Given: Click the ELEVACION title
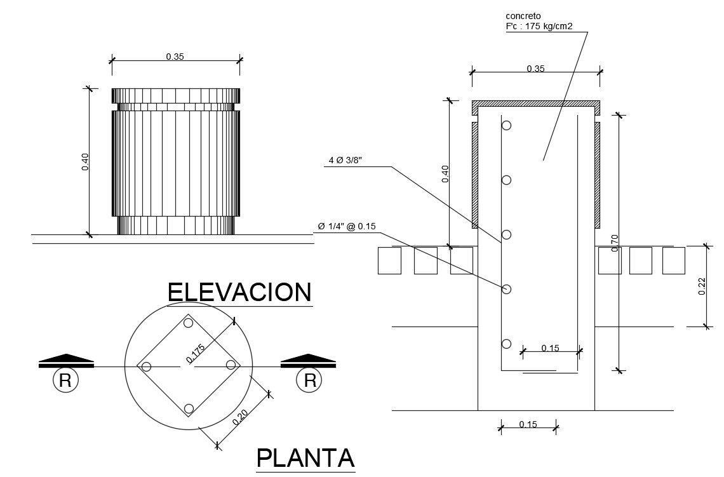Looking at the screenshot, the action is click(239, 292).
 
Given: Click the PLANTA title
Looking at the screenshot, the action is click(305, 458).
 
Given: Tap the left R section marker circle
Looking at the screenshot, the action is click(65, 380).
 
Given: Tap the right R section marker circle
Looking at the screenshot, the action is click(309, 380).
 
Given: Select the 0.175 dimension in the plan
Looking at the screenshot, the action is click(196, 353).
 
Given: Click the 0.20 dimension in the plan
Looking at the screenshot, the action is click(240, 417).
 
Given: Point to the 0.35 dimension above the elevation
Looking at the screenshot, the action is click(175, 57).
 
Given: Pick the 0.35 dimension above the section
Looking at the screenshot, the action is click(535, 69).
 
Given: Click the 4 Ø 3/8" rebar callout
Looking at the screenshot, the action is click(345, 160).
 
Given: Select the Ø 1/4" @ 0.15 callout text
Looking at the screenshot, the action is click(347, 226).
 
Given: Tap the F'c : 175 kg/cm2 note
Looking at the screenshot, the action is click(539, 26).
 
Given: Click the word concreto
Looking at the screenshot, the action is click(523, 16).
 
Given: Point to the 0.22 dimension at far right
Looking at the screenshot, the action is click(702, 286).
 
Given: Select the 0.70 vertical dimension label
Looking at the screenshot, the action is click(615, 243).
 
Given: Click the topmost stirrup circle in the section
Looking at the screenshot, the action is click(507, 125).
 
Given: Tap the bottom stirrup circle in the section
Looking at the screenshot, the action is click(507, 344).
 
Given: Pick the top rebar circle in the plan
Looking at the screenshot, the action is click(188, 323).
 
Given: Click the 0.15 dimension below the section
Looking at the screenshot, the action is click(528, 424).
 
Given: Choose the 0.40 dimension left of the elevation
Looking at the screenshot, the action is click(86, 161).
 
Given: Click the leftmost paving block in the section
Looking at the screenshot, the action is click(390, 260).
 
